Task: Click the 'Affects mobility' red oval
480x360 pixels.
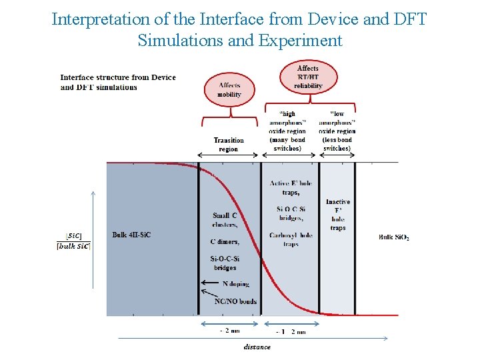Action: [229, 90]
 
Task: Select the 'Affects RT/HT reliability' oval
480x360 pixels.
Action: [308, 77]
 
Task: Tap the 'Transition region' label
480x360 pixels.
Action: [229, 145]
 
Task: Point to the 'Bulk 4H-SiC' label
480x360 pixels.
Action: [131, 235]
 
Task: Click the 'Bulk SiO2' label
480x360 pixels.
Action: [394, 237]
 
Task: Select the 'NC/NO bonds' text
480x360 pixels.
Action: [235, 301]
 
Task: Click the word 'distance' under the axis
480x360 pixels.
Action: [257, 347]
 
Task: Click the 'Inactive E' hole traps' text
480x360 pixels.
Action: [338, 215]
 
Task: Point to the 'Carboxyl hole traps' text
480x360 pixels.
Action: [291, 239]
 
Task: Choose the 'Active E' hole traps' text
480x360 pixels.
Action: [291, 187]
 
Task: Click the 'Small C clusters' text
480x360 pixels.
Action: [225, 219]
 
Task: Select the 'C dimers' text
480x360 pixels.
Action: [224, 241]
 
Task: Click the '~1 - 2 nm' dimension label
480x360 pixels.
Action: [291, 331]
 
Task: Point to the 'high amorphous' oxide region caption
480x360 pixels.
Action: [288, 131]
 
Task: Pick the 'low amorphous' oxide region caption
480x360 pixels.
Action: [337, 131]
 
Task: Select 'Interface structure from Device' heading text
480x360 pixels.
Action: [118, 77]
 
